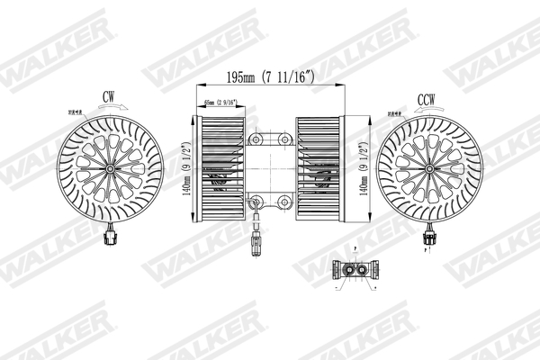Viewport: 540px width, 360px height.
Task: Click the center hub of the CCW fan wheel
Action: point(429,168)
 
